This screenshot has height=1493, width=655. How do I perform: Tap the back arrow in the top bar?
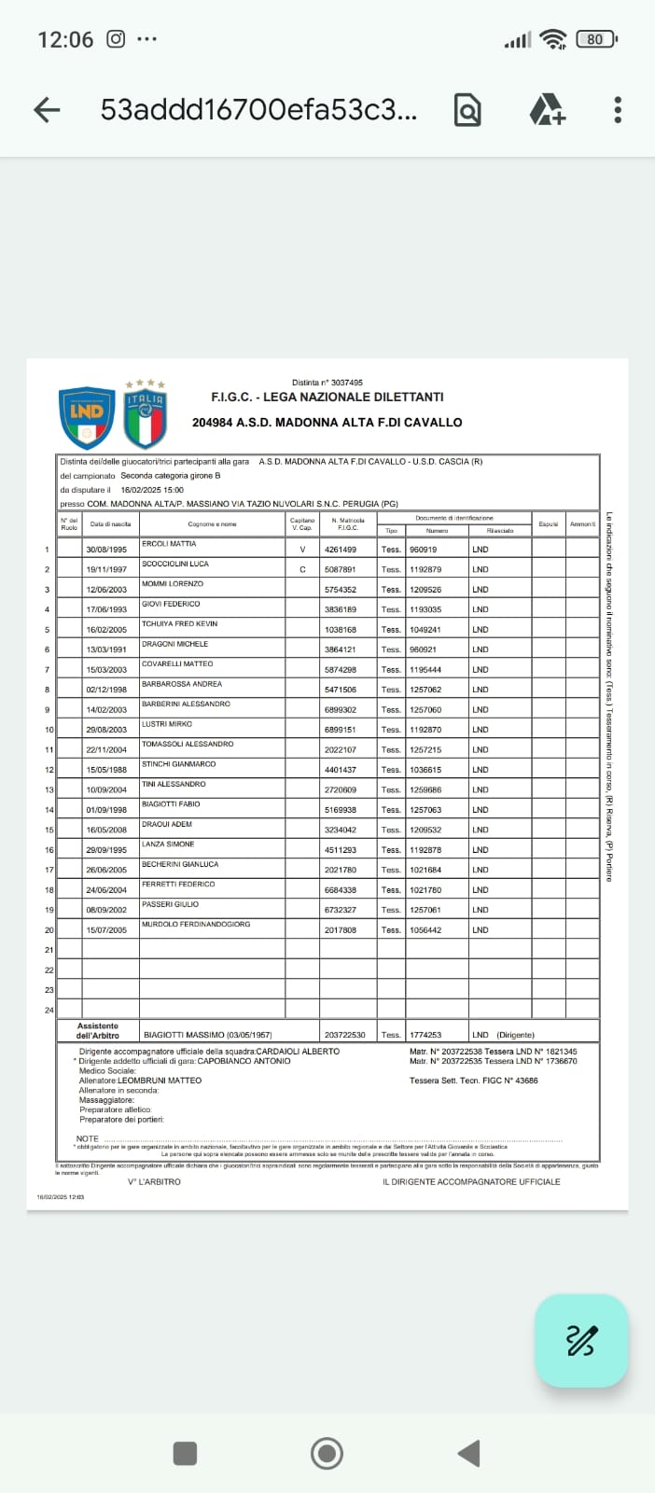[x=47, y=110]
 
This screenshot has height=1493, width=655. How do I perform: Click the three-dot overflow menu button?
[x=618, y=110]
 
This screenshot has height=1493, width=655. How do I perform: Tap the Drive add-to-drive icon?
[x=547, y=110]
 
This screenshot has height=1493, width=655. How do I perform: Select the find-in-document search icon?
[x=467, y=110]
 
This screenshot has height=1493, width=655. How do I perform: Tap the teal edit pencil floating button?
[x=581, y=1341]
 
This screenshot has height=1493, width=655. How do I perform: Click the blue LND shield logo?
[x=87, y=417]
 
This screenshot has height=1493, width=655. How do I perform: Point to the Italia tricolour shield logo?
[x=145, y=416]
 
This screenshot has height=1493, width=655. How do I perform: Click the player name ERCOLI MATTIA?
[x=169, y=544]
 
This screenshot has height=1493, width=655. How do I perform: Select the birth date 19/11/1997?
[x=106, y=569]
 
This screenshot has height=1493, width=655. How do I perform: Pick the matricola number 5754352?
[x=340, y=590]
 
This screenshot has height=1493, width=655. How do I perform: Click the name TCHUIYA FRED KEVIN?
[x=179, y=624]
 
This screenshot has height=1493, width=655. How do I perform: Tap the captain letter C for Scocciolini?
[x=302, y=569]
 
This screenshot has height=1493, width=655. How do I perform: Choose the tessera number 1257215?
[x=425, y=750]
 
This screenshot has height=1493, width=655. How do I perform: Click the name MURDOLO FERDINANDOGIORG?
[x=196, y=925]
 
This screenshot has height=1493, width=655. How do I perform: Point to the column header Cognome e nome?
[x=212, y=524]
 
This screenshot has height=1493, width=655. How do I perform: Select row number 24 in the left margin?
[x=49, y=1010]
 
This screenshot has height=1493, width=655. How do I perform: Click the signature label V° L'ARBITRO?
[x=154, y=1182]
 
